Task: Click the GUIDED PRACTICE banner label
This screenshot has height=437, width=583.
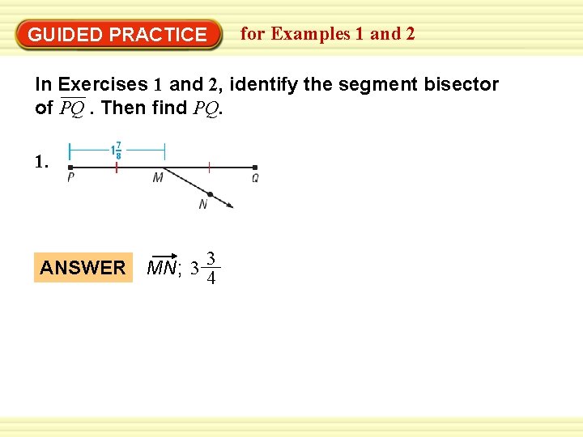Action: (117, 35)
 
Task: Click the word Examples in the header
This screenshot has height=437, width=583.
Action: (311, 34)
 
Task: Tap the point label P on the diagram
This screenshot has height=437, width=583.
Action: (71, 179)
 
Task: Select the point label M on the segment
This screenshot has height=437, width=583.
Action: (158, 179)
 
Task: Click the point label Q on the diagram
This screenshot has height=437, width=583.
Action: (255, 179)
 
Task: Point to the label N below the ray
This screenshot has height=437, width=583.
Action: (202, 206)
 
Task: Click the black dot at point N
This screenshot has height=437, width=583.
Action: (210, 194)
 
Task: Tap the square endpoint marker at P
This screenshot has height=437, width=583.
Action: (70, 168)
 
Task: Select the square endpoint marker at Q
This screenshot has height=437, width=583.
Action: (255, 168)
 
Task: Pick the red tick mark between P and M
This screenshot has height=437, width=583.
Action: (117, 168)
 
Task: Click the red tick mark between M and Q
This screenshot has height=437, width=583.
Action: (209, 168)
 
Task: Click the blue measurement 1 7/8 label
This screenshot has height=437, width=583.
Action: (117, 151)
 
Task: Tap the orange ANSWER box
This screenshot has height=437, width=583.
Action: (83, 268)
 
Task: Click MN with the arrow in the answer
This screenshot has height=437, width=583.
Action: (163, 266)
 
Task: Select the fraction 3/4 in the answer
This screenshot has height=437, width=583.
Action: (211, 269)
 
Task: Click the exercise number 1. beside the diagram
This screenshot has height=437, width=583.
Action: (42, 162)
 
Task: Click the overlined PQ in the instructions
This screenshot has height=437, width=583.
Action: (72, 108)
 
